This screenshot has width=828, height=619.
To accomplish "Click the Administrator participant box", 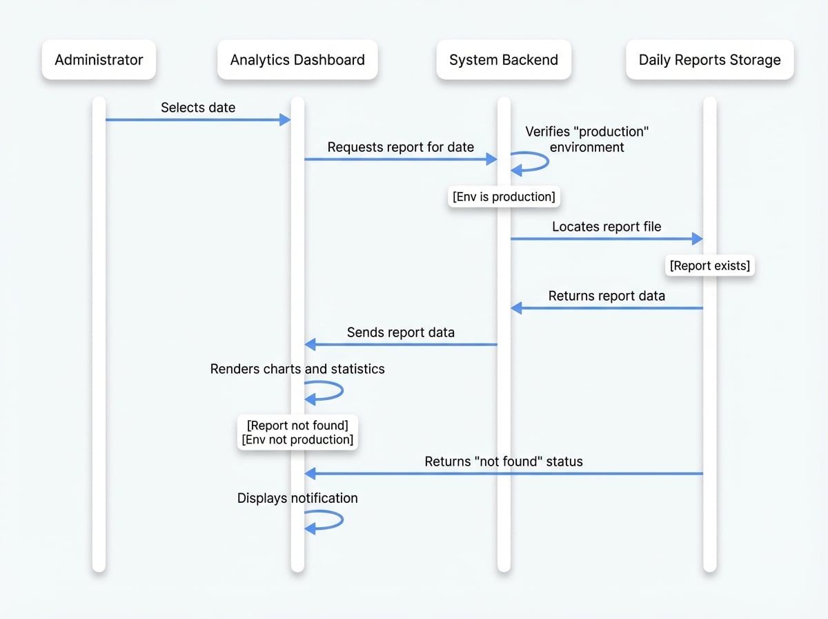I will click(99, 59).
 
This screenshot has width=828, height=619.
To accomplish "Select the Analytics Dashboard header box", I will click(297, 59).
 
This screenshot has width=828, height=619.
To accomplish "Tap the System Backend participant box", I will click(504, 59).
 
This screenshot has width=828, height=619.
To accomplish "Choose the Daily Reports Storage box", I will click(709, 59).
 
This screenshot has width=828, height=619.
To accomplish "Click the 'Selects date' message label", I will click(198, 107).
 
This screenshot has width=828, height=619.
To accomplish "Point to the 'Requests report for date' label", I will click(400, 146).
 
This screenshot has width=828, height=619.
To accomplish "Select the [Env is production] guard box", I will click(504, 197).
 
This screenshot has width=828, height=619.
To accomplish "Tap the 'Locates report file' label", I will click(607, 226).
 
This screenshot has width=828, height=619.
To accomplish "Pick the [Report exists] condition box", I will click(709, 265).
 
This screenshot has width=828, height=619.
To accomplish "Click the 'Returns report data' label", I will click(607, 296).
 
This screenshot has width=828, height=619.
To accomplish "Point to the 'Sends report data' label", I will click(400, 332).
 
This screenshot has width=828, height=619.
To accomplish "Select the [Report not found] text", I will click(297, 425).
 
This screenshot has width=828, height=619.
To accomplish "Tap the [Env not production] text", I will click(297, 440).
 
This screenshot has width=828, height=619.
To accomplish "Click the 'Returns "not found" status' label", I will click(504, 461).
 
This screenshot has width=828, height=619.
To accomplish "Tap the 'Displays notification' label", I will click(297, 498).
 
